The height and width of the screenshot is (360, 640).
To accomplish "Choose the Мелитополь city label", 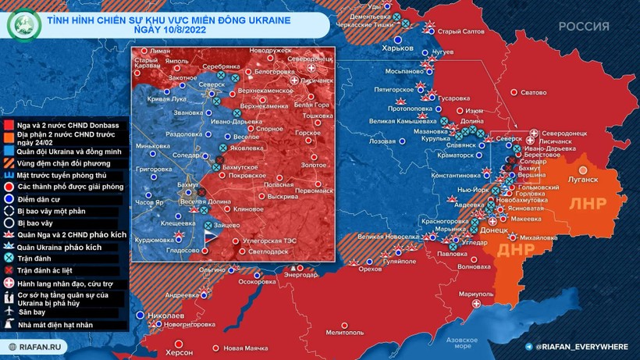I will point(345,333).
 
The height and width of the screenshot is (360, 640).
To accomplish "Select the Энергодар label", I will point(300,275).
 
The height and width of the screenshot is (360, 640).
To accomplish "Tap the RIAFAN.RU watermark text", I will point(40,346).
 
